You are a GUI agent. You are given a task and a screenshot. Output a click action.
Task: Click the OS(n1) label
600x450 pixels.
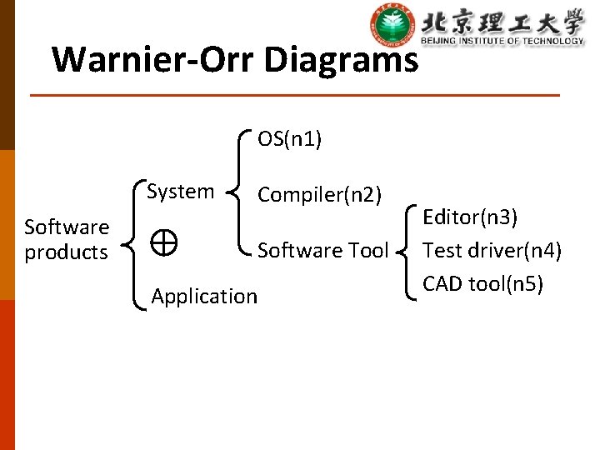pos(289,139)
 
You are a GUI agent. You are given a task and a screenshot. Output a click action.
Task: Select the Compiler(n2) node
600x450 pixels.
pos(319,195)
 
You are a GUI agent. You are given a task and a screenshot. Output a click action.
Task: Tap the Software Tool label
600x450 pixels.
pos(322,250)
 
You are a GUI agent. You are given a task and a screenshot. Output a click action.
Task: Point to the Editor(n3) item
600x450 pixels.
pos(470,218)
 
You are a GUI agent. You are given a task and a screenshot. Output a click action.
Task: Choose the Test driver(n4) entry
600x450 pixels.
pos(492,250)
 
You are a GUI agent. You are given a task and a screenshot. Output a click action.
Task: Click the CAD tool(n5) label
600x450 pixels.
pos(482,283)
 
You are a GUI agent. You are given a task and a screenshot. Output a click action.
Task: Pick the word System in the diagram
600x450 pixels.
pos(180,192)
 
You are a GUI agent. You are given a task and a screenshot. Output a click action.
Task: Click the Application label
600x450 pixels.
pos(204,296)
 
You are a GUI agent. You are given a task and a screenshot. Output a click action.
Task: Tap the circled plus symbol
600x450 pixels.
pos(164,242)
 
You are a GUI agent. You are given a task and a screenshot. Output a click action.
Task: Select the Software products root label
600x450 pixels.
pos(67,239)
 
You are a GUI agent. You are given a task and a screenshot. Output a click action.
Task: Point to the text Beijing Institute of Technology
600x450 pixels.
pos(502,41)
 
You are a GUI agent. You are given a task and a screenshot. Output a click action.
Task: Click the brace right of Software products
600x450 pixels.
pos(132,243)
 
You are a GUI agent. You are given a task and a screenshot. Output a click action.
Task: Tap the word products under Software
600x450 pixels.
pos(67,252)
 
